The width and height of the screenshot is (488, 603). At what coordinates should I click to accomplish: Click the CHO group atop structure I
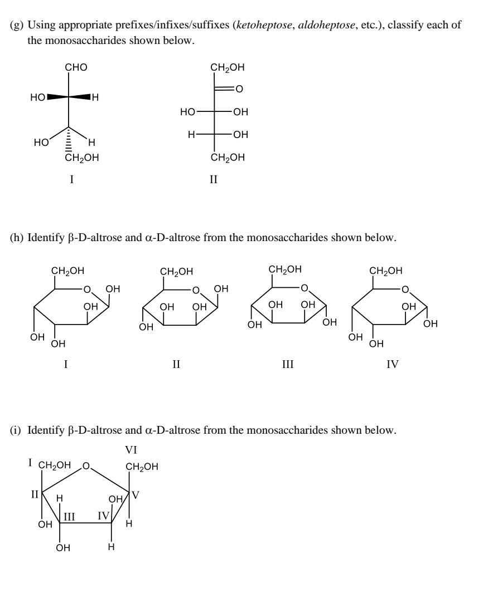(76, 68)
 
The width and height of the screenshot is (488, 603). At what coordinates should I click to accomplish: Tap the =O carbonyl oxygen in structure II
(239, 89)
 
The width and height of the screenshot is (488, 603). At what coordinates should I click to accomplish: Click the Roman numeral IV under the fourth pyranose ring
(393, 365)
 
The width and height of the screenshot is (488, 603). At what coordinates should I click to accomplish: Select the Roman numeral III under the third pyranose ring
(287, 365)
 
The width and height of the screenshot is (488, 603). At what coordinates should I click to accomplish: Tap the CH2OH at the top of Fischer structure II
(228, 68)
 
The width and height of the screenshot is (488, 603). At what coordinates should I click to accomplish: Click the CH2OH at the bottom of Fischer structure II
(228, 158)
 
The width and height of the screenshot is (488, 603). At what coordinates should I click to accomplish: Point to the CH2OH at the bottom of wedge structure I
(83, 158)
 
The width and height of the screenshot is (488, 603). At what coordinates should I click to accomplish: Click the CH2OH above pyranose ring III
(285, 269)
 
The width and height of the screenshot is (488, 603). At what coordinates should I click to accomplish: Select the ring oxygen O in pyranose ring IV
(406, 290)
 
